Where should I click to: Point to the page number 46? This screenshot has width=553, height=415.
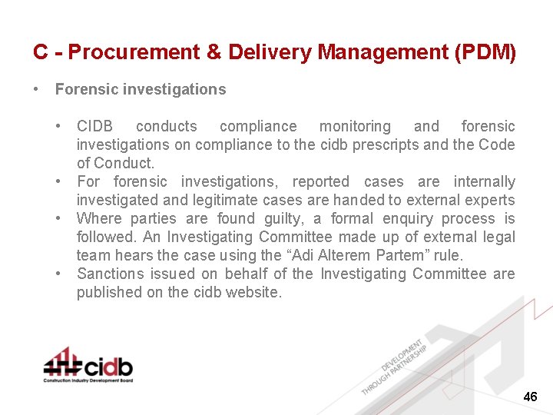tap(530, 397)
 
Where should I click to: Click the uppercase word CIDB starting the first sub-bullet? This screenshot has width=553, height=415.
tap(94, 127)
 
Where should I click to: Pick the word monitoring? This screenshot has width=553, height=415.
tap(354, 127)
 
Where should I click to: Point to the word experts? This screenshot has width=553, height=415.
tap(488, 201)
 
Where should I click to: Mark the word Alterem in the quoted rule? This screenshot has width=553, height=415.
tap(323, 256)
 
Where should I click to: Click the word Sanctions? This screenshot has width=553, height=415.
tap(110, 274)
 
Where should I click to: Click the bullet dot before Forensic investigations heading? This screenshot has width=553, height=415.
tap(36, 90)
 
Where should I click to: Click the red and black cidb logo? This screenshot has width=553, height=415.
tap(88, 362)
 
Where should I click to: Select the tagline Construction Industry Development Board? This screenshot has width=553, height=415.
tap(88, 380)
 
